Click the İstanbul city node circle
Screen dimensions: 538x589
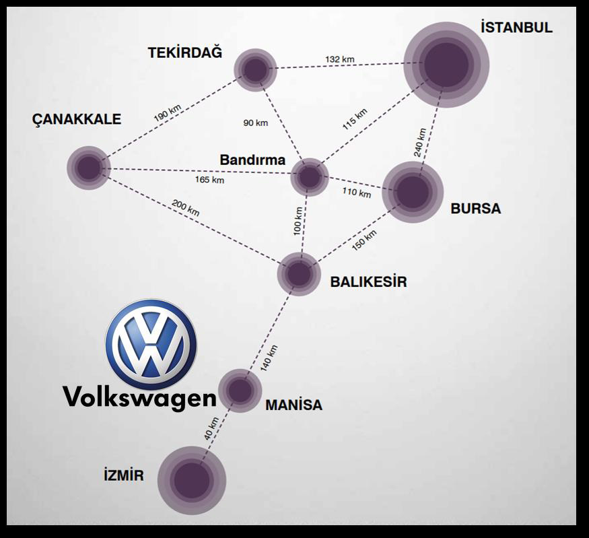click(446, 65)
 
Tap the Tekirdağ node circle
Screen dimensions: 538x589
click(256, 69)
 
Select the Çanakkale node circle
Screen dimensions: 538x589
click(88, 168)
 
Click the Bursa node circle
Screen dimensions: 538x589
click(413, 193)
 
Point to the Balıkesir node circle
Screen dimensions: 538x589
click(300, 274)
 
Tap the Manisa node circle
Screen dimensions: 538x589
click(240, 390)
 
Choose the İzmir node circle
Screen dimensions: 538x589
click(192, 480)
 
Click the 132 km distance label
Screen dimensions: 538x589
click(339, 59)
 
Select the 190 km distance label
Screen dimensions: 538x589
click(168, 112)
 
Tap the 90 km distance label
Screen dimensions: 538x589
click(256, 123)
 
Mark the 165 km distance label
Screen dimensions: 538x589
click(209, 180)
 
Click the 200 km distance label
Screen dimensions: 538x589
click(186, 208)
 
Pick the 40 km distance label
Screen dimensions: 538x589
click(211, 430)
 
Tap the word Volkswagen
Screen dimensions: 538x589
click(140, 397)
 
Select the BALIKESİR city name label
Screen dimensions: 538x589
click(368, 282)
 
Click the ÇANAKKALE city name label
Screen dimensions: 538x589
click(77, 120)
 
